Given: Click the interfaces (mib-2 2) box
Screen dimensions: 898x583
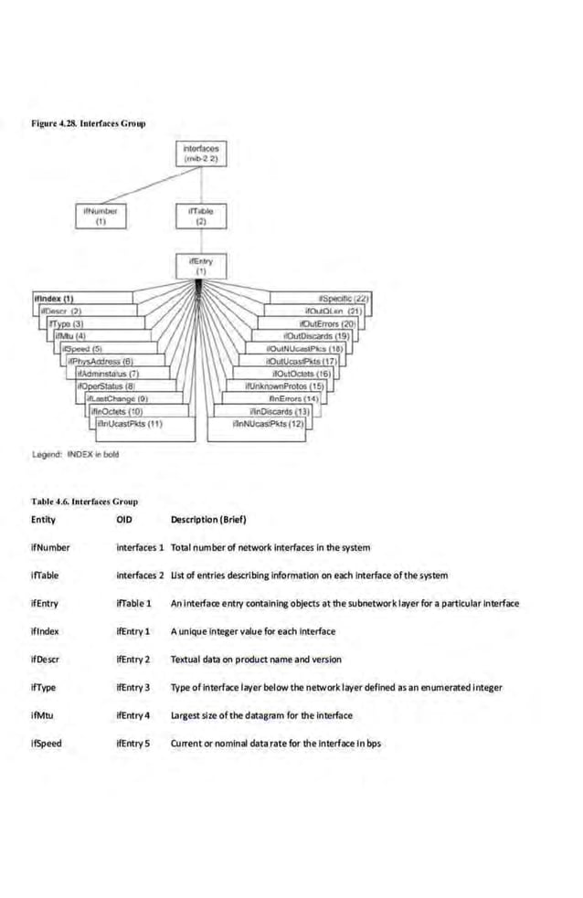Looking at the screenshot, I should pos(200,153).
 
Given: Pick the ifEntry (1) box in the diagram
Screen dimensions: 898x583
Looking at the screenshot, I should pos(200,266).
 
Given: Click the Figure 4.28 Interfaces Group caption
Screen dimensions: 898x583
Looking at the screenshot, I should pos(89,122).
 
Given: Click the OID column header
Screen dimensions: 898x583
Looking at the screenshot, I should pos(125,520).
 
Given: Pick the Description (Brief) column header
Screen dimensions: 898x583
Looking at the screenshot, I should pos(208,520).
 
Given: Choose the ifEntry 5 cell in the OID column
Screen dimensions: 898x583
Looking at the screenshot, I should pos(132,743).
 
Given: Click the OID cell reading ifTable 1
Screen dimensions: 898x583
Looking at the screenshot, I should pos(133,603).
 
